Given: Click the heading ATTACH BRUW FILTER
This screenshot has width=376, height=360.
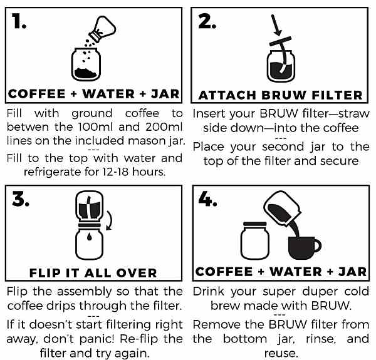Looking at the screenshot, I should [x=280, y=95].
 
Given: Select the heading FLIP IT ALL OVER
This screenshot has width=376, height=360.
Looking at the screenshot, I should [x=93, y=272].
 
